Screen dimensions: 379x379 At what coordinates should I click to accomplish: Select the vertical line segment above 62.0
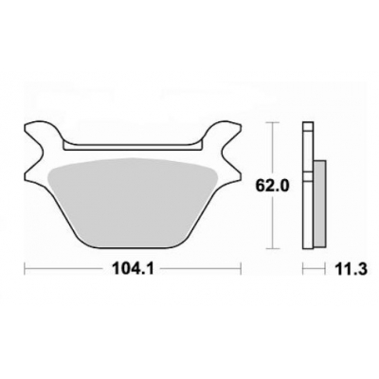[272, 147]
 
